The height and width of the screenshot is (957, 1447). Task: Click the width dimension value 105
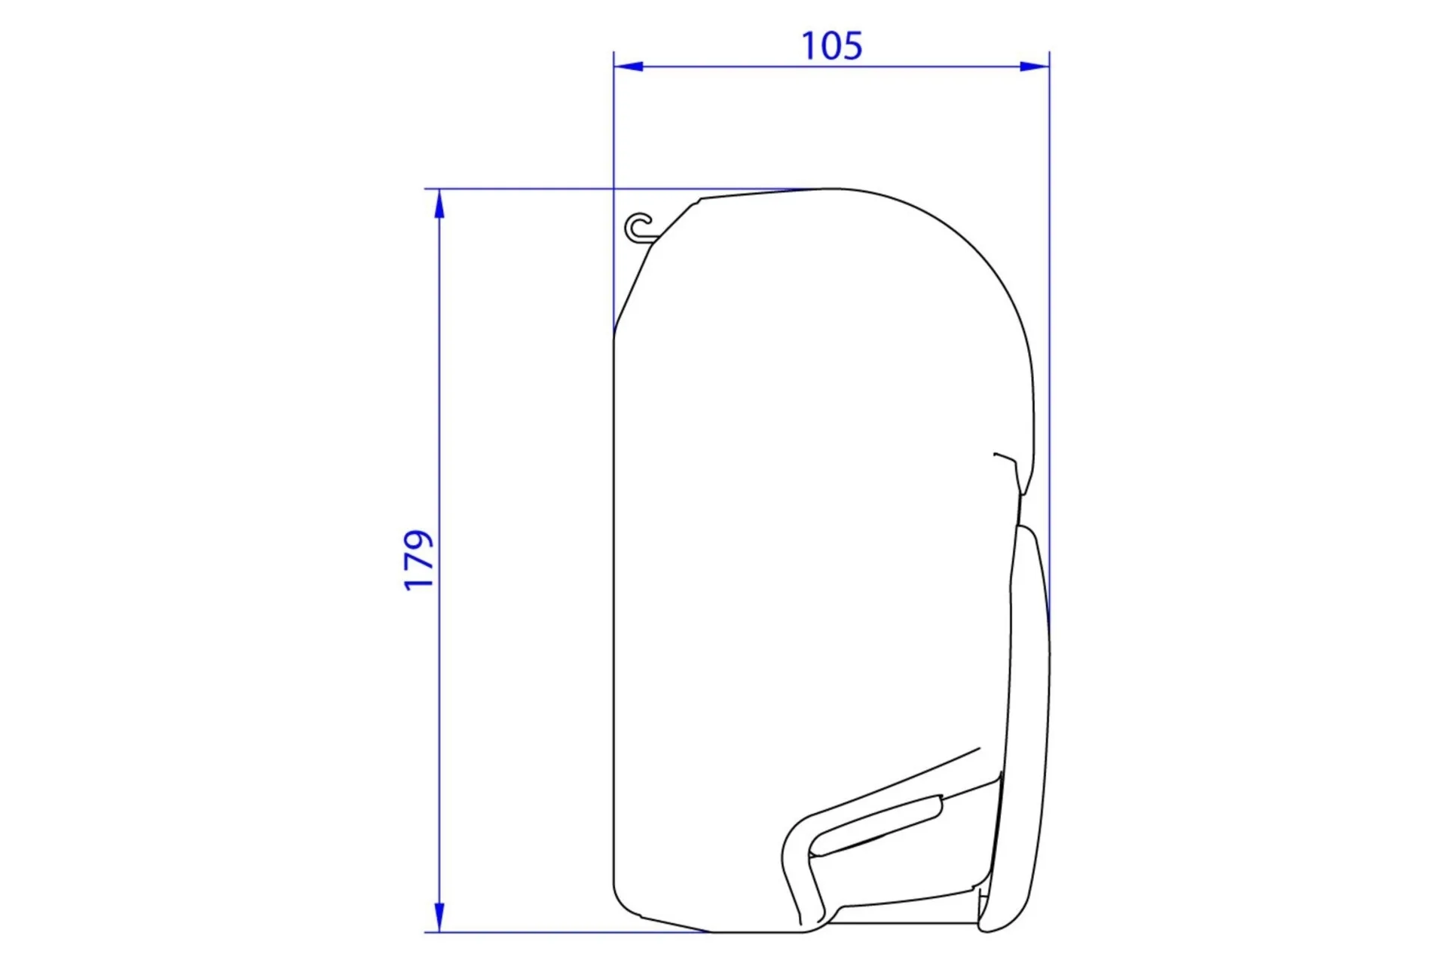[x=831, y=45]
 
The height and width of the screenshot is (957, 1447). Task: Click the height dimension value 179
[x=420, y=560]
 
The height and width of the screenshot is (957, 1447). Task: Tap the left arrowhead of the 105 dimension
[x=629, y=66]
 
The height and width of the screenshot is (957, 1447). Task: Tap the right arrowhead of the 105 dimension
[x=1034, y=66]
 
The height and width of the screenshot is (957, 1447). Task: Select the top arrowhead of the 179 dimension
[x=439, y=204]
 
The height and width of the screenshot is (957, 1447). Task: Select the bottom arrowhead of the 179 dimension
[x=439, y=917]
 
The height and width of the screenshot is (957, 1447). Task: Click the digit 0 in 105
[x=831, y=45]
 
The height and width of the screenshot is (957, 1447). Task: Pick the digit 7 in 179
[x=420, y=562]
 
